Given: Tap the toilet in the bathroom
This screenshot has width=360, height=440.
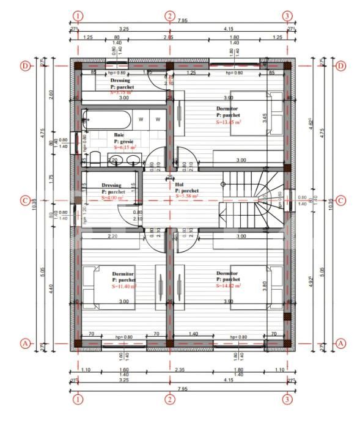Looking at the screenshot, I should (x=95, y=159).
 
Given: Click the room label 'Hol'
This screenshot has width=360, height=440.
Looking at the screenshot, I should (x=179, y=184).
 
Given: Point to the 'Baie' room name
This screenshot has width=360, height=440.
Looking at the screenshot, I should (x=119, y=134).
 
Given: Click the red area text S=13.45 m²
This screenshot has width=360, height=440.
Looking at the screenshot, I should (x=228, y=122).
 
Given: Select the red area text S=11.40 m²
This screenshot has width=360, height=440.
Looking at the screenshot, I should (x=124, y=286).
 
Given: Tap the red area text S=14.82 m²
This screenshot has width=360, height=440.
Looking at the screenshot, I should (x=229, y=285).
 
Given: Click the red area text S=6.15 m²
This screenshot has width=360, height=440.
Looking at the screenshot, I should (x=125, y=147).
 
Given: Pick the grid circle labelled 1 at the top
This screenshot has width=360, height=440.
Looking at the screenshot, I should (x=78, y=16).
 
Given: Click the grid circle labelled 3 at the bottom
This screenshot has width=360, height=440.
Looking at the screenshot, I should (x=287, y=399).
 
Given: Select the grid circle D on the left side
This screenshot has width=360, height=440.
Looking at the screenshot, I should (x=25, y=65).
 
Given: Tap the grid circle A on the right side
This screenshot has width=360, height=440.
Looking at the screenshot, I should (x=340, y=344).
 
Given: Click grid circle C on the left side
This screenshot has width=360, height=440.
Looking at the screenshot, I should (x=25, y=200).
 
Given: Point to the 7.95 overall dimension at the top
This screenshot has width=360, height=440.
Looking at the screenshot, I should (x=182, y=21).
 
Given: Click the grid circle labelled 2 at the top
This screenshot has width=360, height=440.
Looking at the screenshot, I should (x=170, y=16).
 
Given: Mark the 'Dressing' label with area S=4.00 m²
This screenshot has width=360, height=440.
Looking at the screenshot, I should (x=112, y=185).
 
